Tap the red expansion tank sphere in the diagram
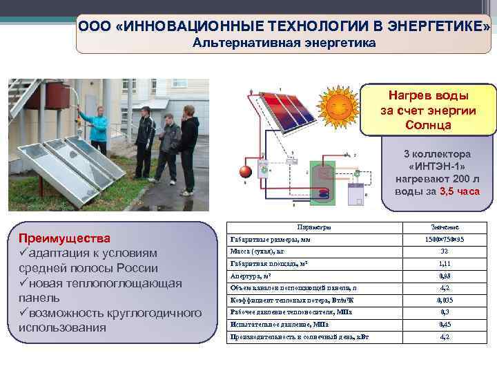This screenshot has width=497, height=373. [244, 171]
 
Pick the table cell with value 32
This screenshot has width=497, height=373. [444, 251]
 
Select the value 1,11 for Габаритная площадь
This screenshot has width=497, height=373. [444, 264]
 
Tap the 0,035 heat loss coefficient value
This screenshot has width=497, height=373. [444, 300]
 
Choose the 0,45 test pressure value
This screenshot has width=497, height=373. [444, 325]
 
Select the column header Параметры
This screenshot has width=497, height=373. [314, 227]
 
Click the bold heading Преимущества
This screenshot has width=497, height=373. [64, 238]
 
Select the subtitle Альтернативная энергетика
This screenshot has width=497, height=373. [284, 43]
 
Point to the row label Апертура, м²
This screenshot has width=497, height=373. [250, 276]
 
